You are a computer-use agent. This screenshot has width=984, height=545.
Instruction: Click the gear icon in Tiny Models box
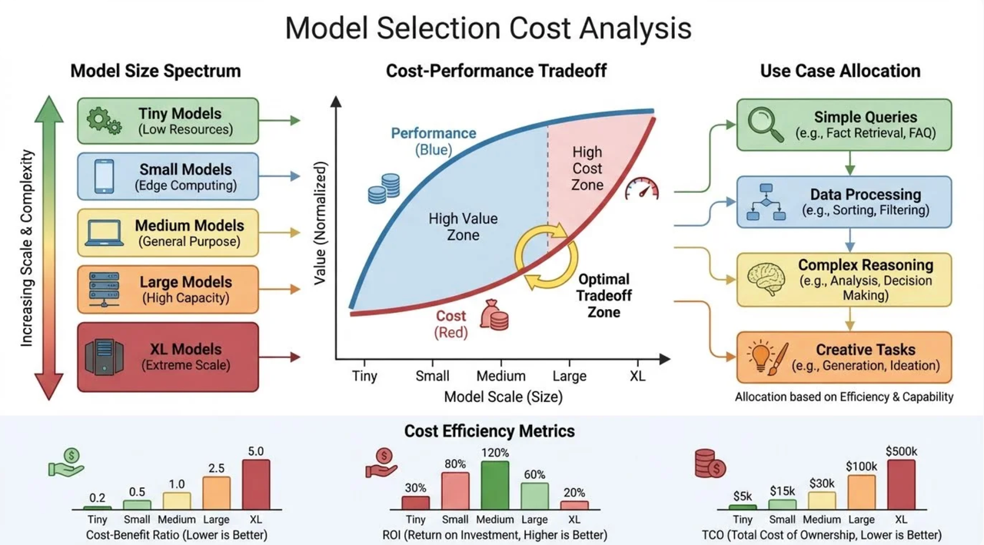click(104, 121)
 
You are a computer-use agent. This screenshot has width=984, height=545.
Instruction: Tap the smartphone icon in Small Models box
click(104, 176)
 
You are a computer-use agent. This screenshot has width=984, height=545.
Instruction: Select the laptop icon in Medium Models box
click(104, 233)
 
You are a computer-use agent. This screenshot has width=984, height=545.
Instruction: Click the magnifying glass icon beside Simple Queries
click(766, 125)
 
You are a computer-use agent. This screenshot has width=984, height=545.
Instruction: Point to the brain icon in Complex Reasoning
click(766, 279)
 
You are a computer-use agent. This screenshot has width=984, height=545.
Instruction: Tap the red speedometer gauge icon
click(642, 189)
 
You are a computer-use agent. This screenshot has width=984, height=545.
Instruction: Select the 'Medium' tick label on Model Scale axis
click(500, 376)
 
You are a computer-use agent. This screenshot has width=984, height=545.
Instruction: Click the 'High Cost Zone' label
click(587, 168)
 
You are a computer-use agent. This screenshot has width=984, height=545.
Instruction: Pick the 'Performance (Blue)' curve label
click(434, 141)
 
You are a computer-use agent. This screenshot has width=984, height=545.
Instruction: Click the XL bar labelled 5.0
click(256, 484)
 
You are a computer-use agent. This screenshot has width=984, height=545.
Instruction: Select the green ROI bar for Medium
click(495, 485)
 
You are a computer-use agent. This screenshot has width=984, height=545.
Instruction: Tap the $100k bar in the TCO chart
click(862, 492)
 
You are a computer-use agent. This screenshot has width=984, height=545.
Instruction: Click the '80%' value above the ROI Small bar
click(455, 464)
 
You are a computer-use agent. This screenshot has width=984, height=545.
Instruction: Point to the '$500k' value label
click(902, 451)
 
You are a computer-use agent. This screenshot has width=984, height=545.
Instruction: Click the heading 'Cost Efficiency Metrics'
click(490, 430)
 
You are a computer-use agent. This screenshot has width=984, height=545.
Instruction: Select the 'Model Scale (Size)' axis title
click(504, 397)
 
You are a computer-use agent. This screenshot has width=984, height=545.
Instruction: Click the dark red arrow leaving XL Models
click(280, 357)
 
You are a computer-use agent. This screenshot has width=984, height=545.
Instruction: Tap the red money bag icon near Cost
click(494, 314)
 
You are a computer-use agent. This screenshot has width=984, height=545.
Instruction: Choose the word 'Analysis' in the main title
click(635, 28)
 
